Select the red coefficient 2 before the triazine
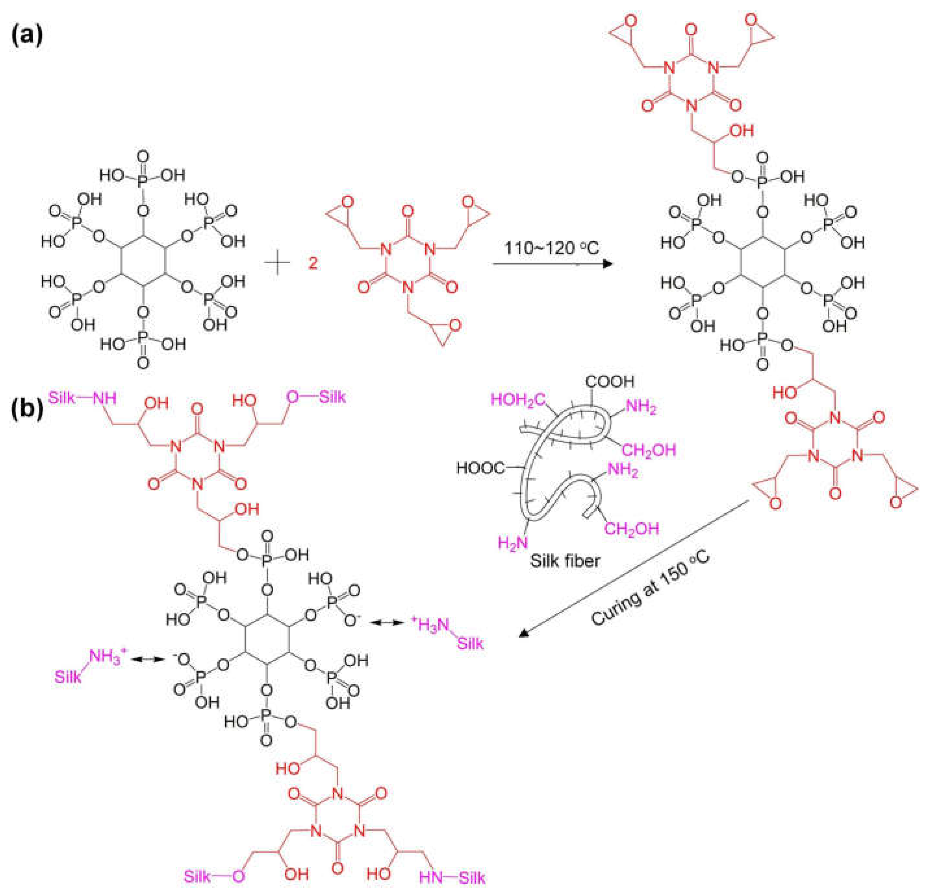click(x=313, y=263)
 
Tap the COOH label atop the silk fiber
click(x=610, y=381)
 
